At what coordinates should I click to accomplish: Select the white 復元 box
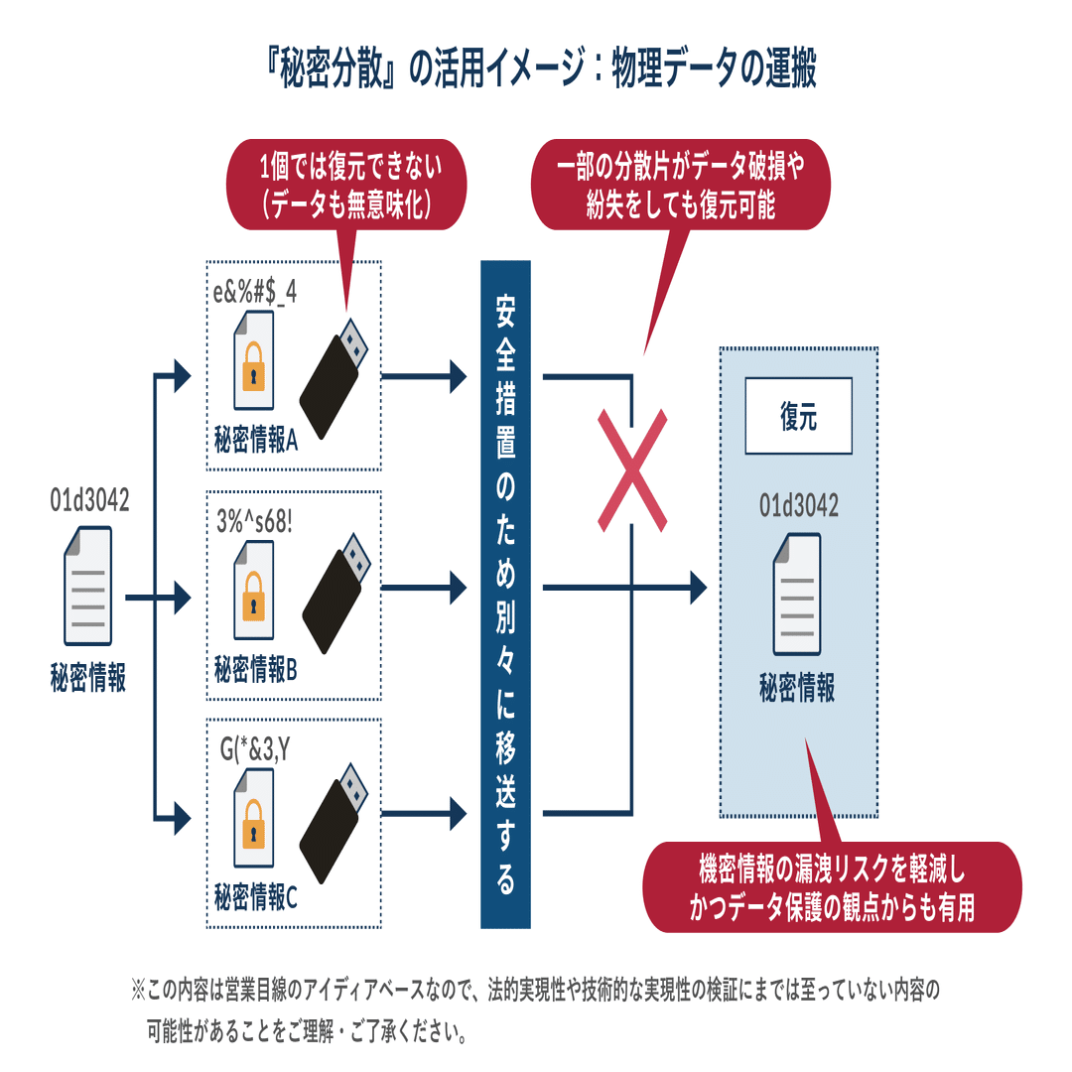(x=798, y=417)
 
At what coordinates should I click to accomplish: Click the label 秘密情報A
(x=256, y=440)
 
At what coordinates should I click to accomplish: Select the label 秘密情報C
(x=256, y=899)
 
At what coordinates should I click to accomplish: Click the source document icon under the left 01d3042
(x=87, y=587)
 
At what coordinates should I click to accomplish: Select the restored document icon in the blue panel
(x=797, y=594)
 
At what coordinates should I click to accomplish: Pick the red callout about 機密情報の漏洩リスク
(x=832, y=887)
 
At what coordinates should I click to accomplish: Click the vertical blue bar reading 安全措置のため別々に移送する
(x=505, y=594)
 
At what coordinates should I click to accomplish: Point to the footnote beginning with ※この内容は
(x=536, y=1009)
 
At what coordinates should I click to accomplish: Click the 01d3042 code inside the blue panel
(x=798, y=506)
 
